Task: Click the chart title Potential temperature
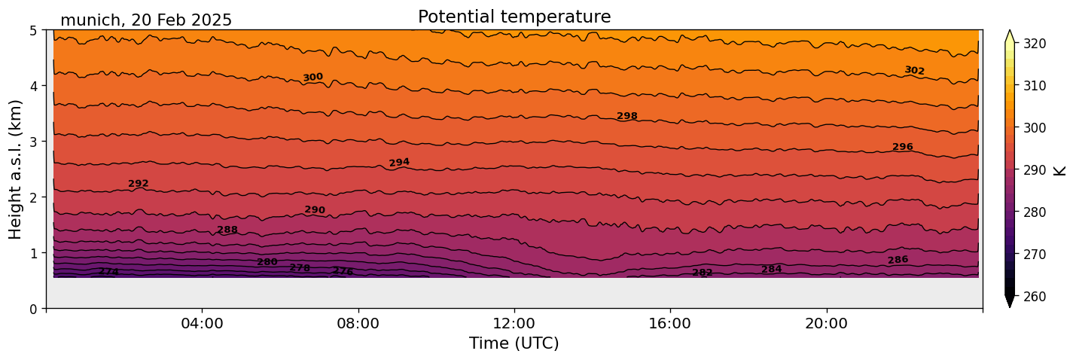[514, 17]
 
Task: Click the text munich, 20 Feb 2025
[146, 20]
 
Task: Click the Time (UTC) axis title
[514, 343]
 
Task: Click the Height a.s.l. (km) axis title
[16, 169]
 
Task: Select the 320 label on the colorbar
[1034, 44]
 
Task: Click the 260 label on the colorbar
[1034, 297]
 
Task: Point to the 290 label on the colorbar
[1034, 170]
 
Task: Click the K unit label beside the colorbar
[1060, 170]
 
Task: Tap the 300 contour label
[312, 78]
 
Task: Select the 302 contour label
[914, 71]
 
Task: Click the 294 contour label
[399, 163]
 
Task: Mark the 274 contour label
[108, 272]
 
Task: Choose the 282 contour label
[702, 273]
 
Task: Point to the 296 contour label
[902, 147]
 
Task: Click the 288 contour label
[227, 230]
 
